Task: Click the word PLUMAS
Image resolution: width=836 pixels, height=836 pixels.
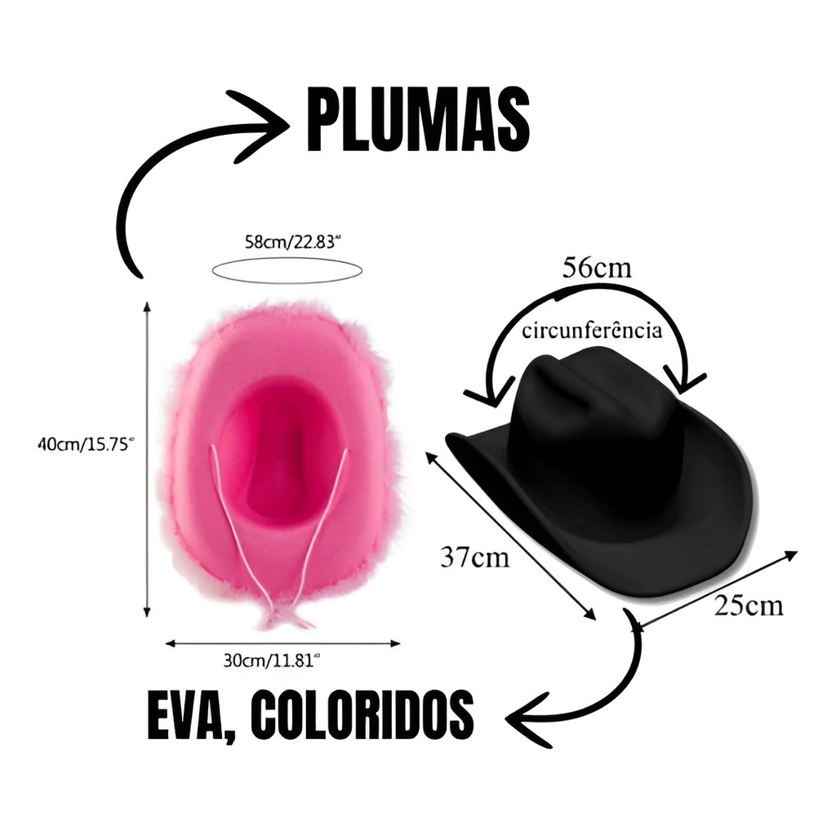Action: [418, 119]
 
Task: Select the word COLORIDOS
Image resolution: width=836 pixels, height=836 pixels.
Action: [362, 714]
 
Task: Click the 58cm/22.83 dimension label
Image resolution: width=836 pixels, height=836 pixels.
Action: [292, 242]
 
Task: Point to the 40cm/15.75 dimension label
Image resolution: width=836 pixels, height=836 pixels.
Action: [84, 443]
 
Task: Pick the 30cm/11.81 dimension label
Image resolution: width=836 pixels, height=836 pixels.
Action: [271, 660]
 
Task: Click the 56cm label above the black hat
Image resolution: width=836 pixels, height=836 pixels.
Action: [597, 267]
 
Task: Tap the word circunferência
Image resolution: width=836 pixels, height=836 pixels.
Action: [592, 331]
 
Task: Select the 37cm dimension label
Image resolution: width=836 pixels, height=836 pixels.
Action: [474, 558]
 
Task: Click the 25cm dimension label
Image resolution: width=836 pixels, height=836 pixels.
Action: [749, 606]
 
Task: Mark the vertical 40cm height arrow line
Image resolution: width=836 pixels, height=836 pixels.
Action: [147, 459]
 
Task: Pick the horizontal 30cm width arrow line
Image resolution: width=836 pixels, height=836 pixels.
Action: [282, 643]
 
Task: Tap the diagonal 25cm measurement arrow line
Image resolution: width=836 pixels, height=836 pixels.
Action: [714, 591]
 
